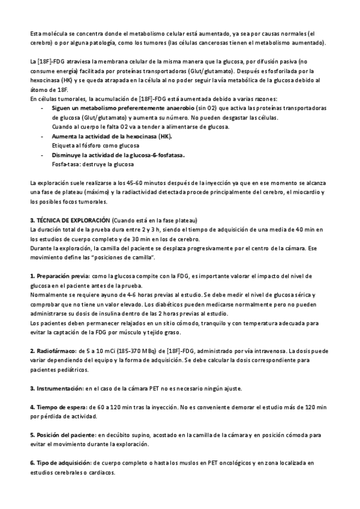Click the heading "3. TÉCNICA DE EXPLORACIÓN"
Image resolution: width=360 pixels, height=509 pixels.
(70, 219)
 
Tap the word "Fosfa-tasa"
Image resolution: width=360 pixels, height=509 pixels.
(66, 164)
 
